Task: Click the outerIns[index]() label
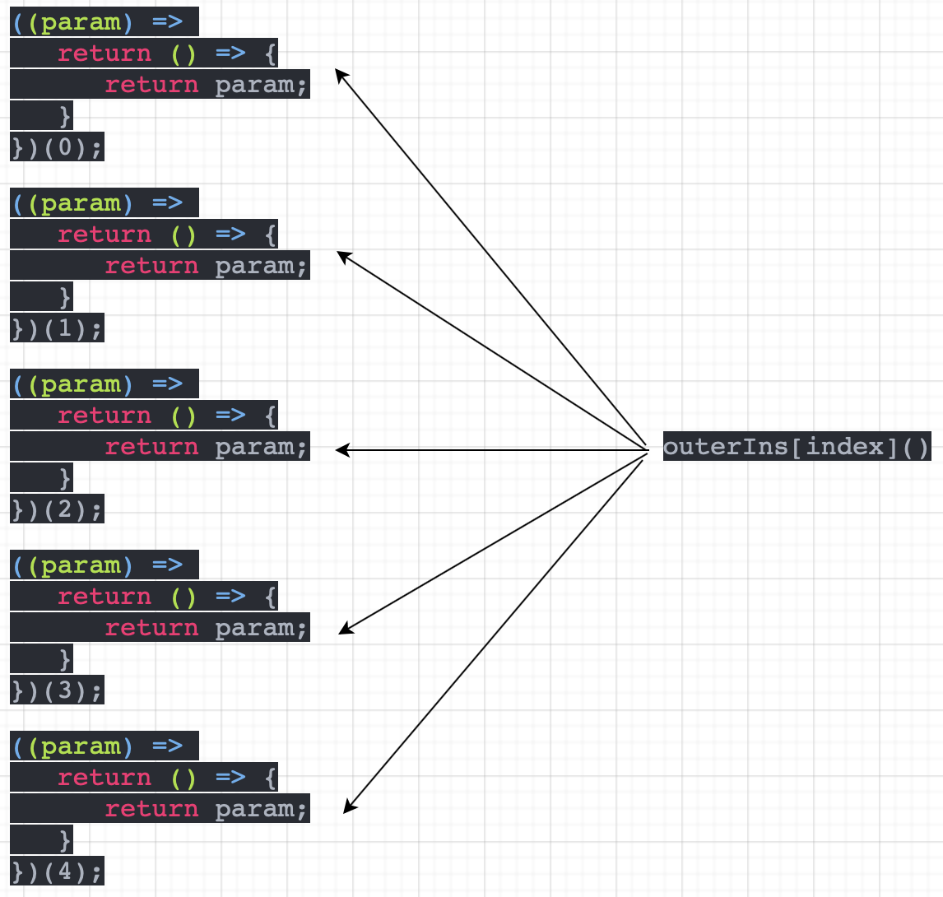[x=797, y=447]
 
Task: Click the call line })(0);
[x=58, y=147]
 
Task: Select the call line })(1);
[x=58, y=328]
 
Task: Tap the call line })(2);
[x=58, y=509]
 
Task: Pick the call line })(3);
[x=58, y=690]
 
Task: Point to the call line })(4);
[x=58, y=871]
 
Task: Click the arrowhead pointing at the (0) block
[x=340, y=74]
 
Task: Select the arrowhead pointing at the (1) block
[x=343, y=255]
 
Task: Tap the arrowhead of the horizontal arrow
[x=341, y=450]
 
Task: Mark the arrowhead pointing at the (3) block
[x=345, y=630]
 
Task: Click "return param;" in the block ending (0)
[x=206, y=85]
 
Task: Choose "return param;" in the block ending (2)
[x=206, y=447]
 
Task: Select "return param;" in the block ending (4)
[x=206, y=809]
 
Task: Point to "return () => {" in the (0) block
[x=168, y=53]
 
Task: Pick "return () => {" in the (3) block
[x=168, y=597]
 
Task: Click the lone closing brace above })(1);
[x=66, y=296]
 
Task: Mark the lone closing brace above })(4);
[x=66, y=839]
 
